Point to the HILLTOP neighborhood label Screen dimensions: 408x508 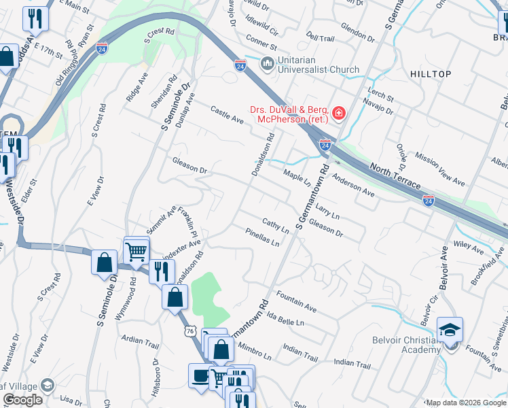[x=430, y=73]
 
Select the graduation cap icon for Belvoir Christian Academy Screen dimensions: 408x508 [x=450, y=329]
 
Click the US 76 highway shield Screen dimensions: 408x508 [x=191, y=330]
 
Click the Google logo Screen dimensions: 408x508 [x=22, y=400]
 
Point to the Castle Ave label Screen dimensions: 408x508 [x=227, y=114]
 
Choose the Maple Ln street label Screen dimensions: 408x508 [x=297, y=180]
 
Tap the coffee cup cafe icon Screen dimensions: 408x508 [x=200, y=376]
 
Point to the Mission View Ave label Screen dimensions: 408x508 [x=440, y=173]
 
